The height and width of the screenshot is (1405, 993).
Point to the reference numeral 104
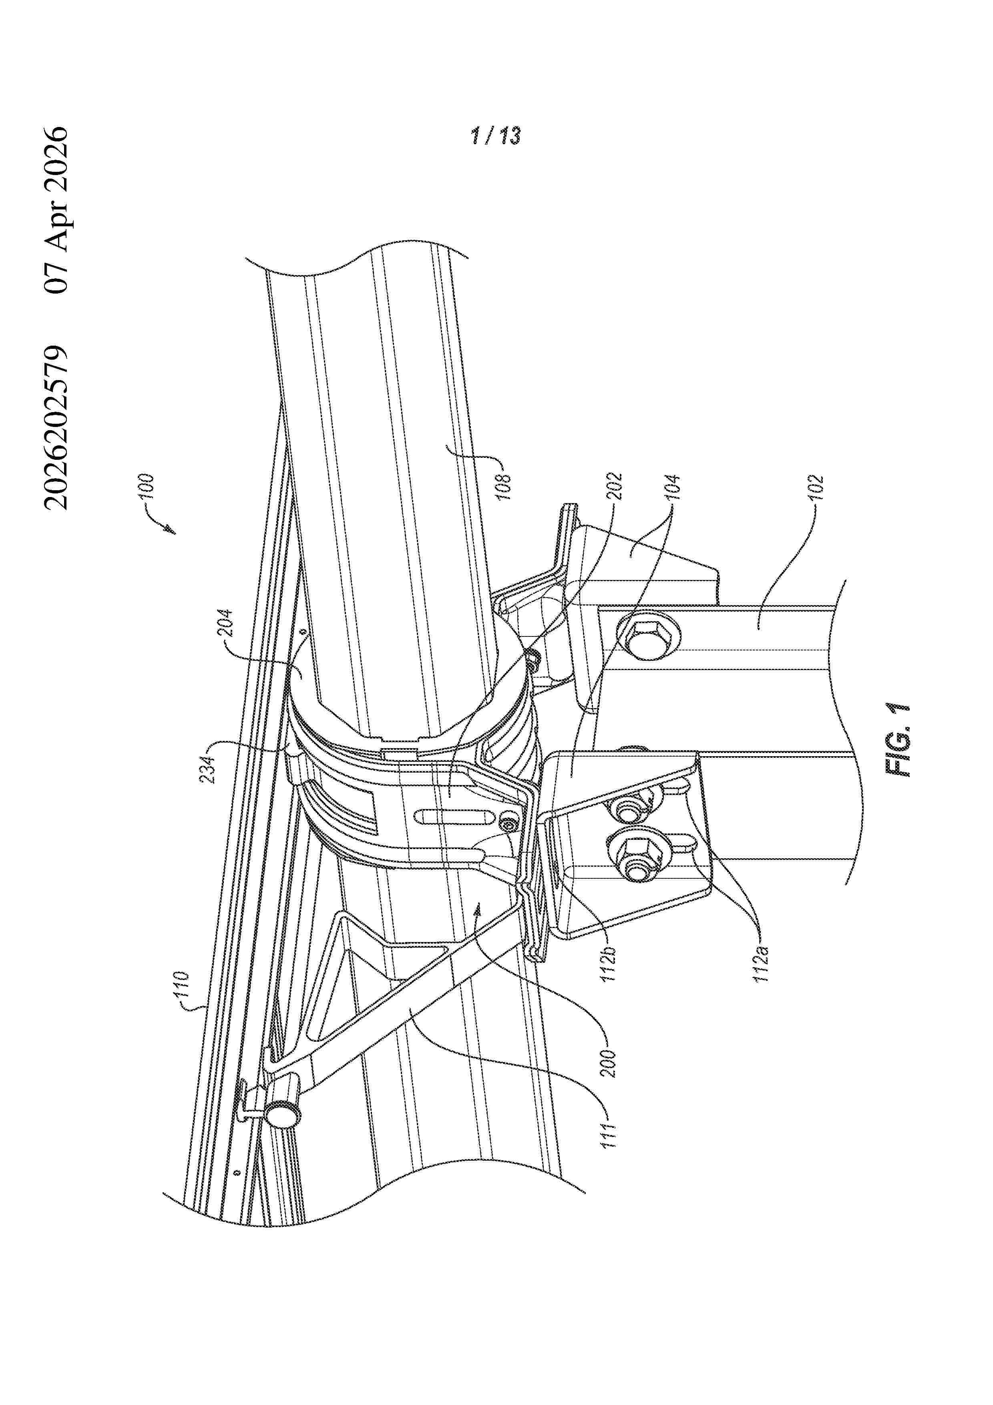click(x=673, y=488)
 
